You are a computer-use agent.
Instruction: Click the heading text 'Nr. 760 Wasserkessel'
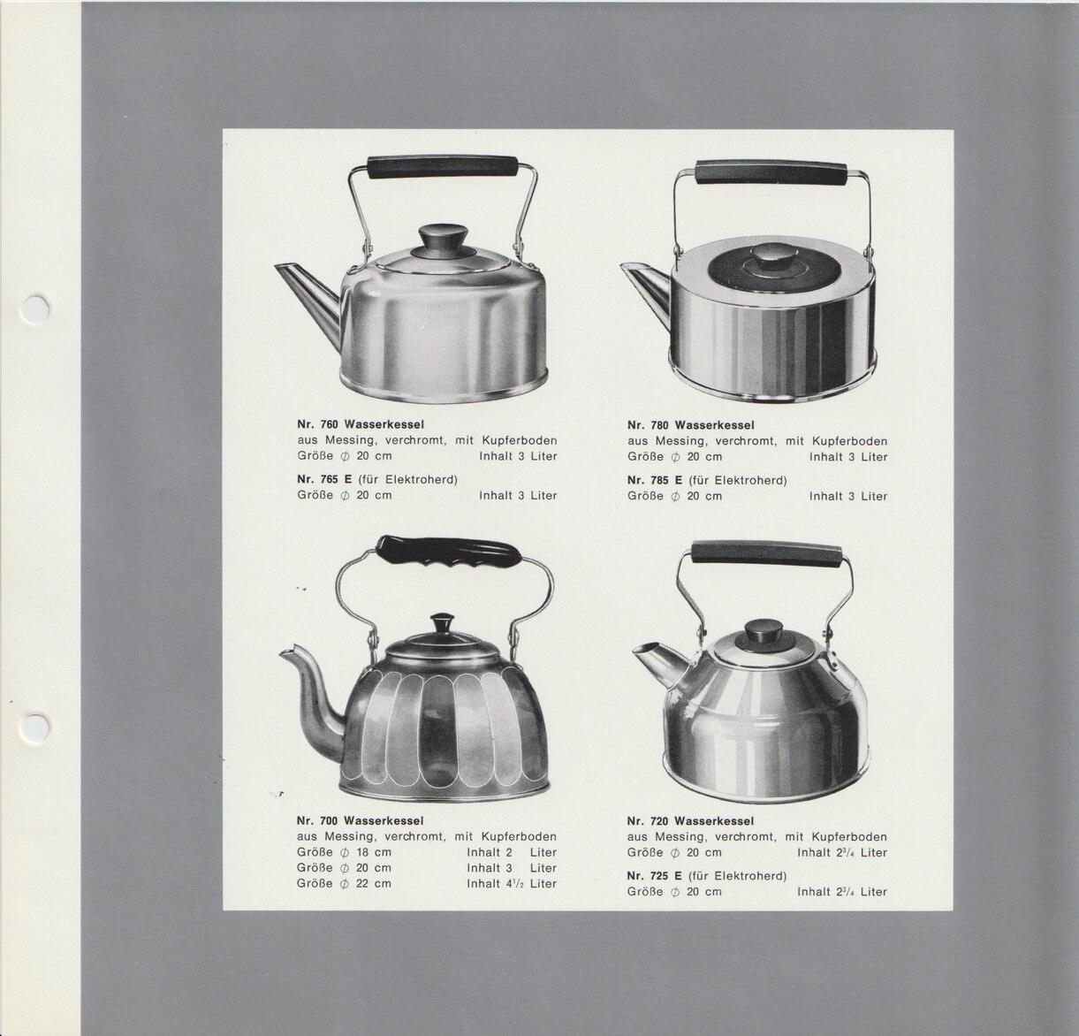[x=361, y=425]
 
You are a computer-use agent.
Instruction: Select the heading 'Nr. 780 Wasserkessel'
[x=691, y=425]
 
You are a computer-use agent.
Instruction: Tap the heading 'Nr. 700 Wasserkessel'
[x=361, y=820]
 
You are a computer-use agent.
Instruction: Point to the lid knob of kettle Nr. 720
[x=764, y=630]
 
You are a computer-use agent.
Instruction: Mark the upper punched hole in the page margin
[x=36, y=308]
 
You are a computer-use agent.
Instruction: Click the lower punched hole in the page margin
[x=36, y=725]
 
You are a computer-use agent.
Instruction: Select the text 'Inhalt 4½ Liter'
[x=512, y=883]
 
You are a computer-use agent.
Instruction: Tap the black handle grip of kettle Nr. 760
[x=443, y=166]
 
